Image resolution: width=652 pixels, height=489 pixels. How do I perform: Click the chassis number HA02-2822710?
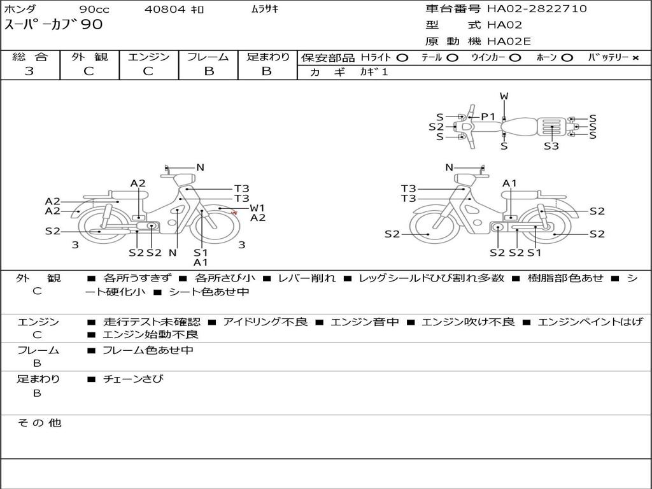pyautogui.click(x=537, y=9)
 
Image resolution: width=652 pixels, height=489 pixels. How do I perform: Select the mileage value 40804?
pyautogui.click(x=165, y=9)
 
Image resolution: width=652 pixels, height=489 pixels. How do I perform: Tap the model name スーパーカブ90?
pyautogui.click(x=53, y=25)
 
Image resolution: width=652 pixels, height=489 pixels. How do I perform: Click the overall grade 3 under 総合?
pyautogui.click(x=29, y=71)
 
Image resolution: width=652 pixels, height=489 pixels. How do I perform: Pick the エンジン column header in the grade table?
pyautogui.click(x=148, y=57)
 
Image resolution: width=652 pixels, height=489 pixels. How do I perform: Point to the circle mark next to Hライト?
pyautogui.click(x=402, y=58)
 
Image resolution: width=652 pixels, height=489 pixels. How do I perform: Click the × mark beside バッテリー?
pyautogui.click(x=635, y=58)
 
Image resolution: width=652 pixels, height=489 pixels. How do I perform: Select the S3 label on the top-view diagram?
pyautogui.click(x=551, y=146)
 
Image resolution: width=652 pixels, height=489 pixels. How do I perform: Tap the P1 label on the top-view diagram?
pyautogui.click(x=488, y=117)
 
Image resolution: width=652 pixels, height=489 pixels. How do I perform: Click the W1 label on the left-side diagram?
pyautogui.click(x=257, y=208)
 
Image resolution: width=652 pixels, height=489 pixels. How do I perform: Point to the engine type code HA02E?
pyautogui.click(x=509, y=41)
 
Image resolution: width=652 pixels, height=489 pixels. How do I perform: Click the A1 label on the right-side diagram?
pyautogui.click(x=509, y=183)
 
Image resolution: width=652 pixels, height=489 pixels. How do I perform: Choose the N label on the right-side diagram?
pyautogui.click(x=449, y=167)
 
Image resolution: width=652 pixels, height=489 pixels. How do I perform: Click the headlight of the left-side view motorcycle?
pyautogui.click(x=184, y=180)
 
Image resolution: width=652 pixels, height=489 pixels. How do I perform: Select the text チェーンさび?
pyautogui.click(x=133, y=379)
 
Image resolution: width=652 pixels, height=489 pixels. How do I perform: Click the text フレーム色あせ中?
pyautogui.click(x=148, y=350)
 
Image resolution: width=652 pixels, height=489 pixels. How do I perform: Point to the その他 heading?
pyautogui.click(x=39, y=423)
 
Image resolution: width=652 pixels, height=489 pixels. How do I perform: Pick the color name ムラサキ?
pyautogui.click(x=265, y=9)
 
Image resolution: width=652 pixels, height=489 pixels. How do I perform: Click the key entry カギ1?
pyautogui.click(x=374, y=71)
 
